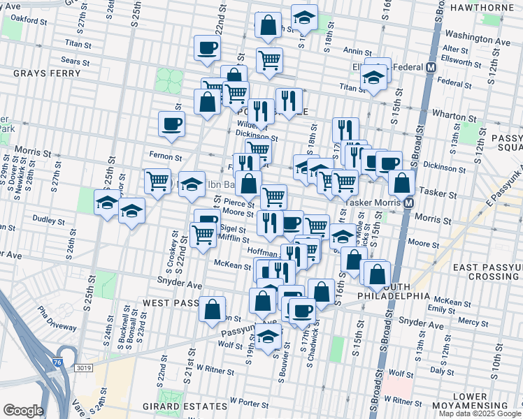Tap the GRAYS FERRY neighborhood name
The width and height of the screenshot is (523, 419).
point(31,72)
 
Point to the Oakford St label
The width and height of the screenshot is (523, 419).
point(29,22)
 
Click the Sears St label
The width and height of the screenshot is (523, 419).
point(76,62)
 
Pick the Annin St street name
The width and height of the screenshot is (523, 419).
point(357,51)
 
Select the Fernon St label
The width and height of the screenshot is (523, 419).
point(165,157)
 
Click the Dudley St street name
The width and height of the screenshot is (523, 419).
point(49,219)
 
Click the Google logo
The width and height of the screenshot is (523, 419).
point(23,411)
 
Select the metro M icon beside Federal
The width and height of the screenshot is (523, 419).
point(431,68)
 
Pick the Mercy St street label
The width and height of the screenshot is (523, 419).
point(473,323)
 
